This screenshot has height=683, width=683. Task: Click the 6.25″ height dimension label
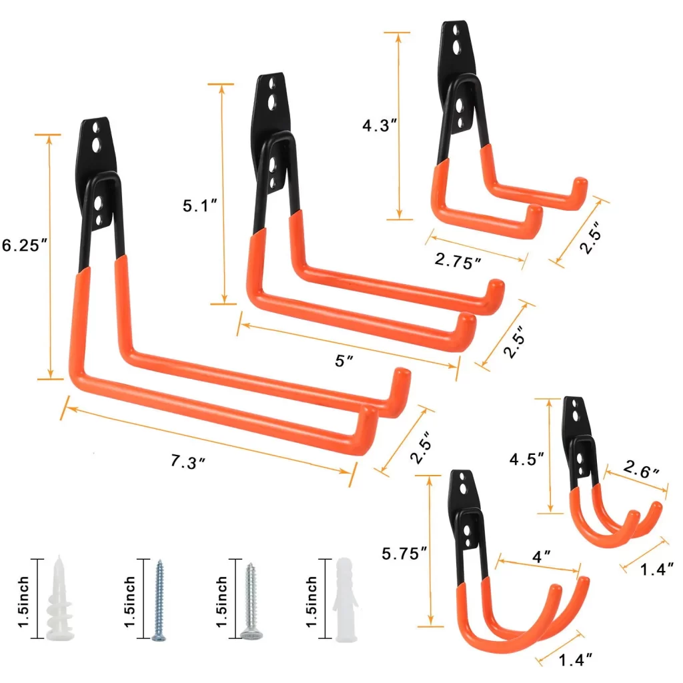pos(24,245)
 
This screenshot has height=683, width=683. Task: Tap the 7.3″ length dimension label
pos(187,462)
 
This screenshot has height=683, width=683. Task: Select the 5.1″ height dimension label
pos(199,205)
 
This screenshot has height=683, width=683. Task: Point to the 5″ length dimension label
pos(344,360)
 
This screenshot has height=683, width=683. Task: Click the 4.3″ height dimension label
pos(380,125)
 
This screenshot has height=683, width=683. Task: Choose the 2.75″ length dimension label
pos(458,261)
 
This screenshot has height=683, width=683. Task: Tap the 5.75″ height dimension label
pos(404,554)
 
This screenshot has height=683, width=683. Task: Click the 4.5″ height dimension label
pos(527,459)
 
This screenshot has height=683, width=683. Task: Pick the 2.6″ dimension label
pos(641,469)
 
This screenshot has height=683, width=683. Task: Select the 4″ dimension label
pos(542,556)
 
